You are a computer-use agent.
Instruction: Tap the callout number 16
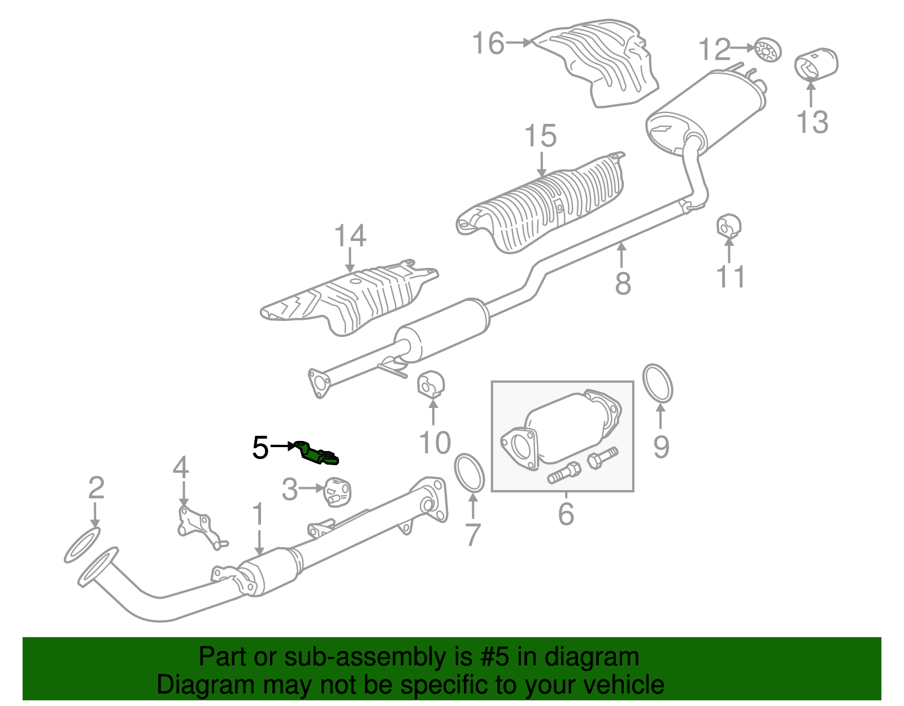[x=488, y=44]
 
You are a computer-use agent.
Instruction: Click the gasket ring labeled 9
[x=658, y=384]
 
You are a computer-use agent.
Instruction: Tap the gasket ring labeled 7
[x=470, y=473]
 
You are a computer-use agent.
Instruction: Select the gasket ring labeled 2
[x=82, y=545]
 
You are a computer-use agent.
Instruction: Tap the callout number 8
[x=623, y=283]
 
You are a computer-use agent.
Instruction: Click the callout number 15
[x=541, y=137]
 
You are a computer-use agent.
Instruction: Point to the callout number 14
[x=350, y=236]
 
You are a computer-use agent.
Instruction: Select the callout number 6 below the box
[x=566, y=513]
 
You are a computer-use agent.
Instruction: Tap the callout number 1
[x=258, y=515]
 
